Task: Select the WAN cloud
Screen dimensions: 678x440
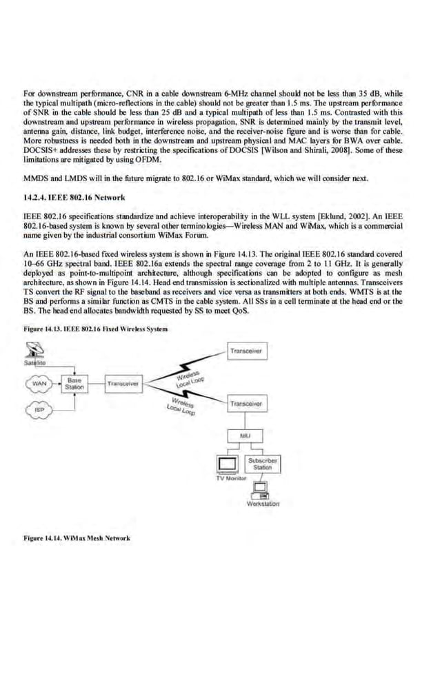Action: tap(39, 383)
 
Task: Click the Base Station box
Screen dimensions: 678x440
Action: tap(74, 384)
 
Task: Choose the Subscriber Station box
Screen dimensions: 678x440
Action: tap(263, 464)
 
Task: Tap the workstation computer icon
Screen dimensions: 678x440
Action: tap(261, 490)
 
